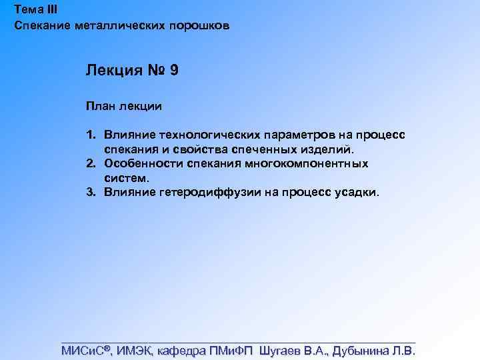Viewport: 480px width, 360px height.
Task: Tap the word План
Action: (x=99, y=105)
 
